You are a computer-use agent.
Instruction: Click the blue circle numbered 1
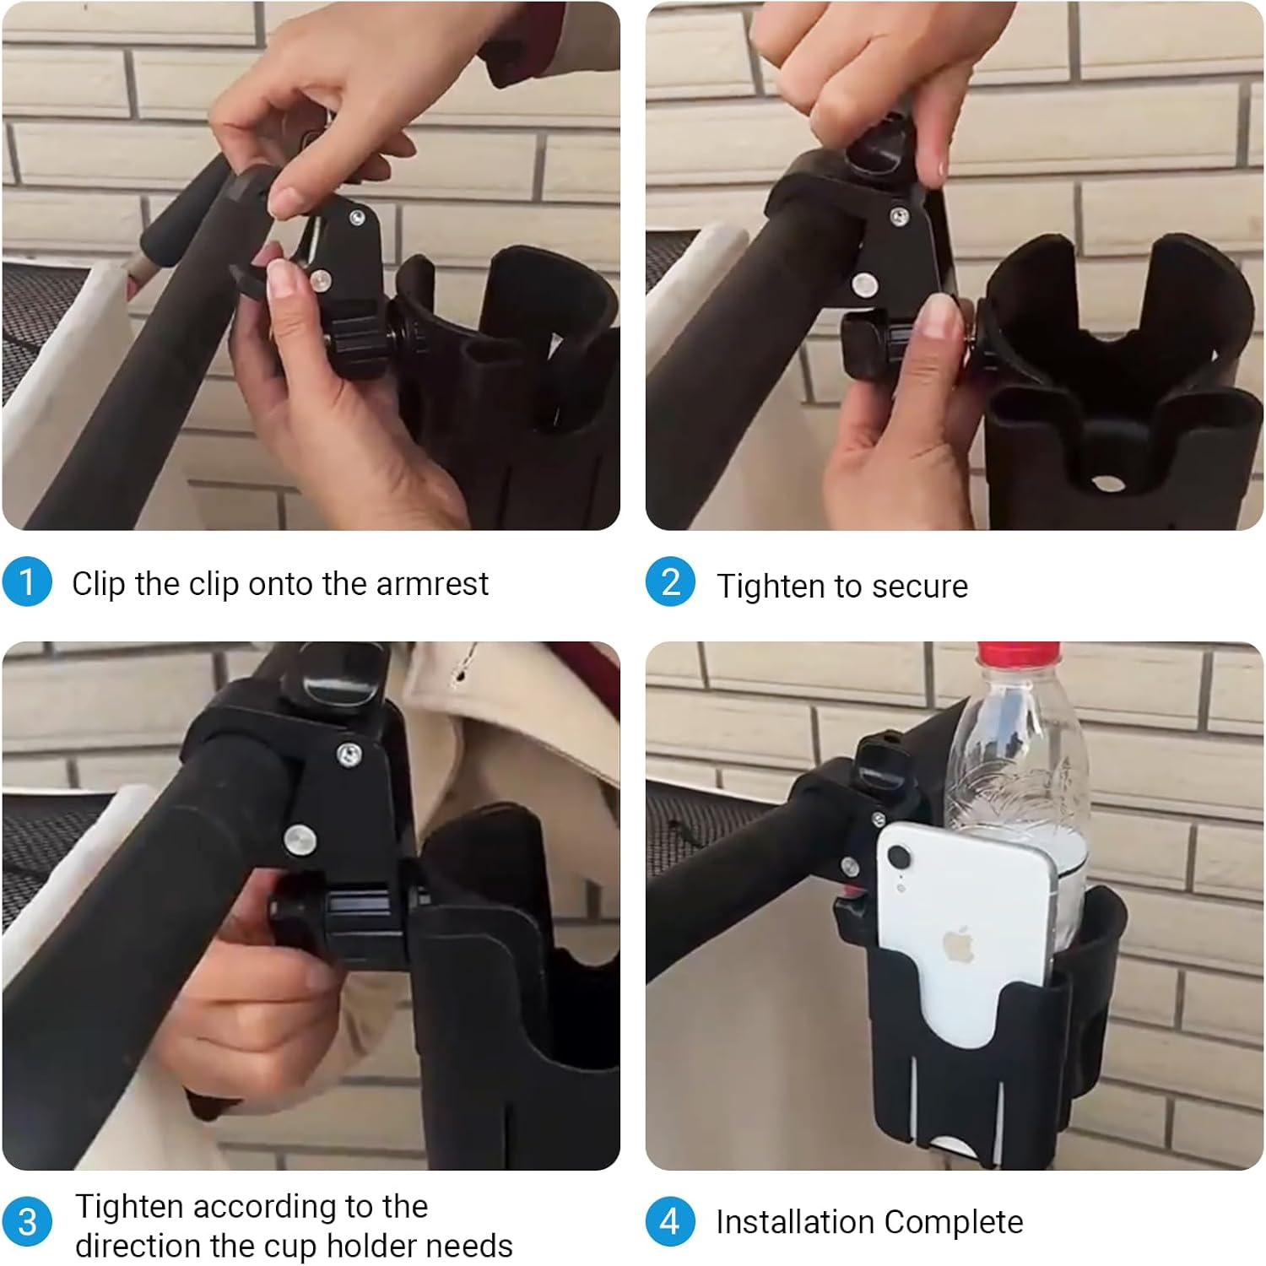pyautogui.click(x=27, y=582)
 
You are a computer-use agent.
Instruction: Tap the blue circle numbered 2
pyautogui.click(x=671, y=582)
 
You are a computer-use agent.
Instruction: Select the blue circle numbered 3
pyautogui.click(x=27, y=1221)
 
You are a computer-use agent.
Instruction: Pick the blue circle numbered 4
pyautogui.click(x=671, y=1221)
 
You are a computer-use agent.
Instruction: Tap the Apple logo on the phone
pyautogui.click(x=957, y=944)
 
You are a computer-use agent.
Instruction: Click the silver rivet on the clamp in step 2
pyautogui.click(x=863, y=285)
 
